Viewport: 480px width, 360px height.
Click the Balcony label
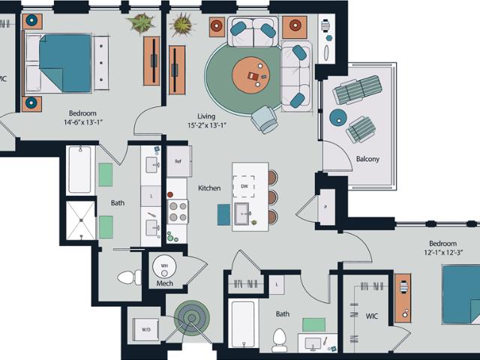tap(367, 159)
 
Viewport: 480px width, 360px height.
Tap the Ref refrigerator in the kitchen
tap(179, 161)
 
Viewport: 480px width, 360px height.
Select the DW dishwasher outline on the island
tap(244, 187)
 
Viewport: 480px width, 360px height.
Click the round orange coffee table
tap(251, 75)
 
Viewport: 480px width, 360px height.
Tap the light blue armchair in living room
tap(265, 119)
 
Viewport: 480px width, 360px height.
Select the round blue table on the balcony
tap(338, 118)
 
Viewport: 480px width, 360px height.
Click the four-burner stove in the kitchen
tap(178, 212)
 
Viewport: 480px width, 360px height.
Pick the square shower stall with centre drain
tap(81, 220)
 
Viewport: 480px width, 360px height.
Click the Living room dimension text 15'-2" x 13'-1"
tap(207, 125)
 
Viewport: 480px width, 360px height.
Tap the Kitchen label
tap(209, 188)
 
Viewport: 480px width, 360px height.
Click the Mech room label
tap(165, 283)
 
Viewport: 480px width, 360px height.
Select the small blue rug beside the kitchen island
tap(223, 214)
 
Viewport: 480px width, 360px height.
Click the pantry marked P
tap(326, 207)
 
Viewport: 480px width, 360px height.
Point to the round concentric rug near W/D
tap(192, 318)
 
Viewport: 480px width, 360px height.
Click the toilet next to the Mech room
tap(130, 277)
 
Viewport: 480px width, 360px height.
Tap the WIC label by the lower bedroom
tap(372, 316)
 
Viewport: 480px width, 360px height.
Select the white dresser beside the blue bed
tap(101, 63)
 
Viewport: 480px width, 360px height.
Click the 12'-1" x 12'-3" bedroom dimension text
tap(443, 253)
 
